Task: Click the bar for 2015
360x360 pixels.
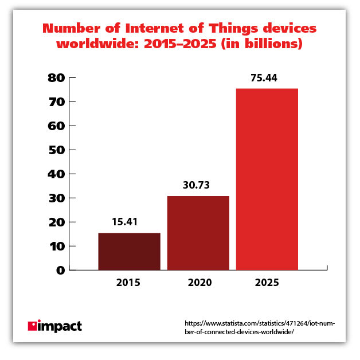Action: (x=129, y=251)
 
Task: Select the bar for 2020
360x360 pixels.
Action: (x=198, y=233)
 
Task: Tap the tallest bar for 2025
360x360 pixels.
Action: (x=267, y=179)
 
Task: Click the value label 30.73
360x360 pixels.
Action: (x=198, y=186)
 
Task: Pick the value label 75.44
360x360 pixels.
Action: (x=267, y=79)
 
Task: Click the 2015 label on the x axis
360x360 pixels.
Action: (x=129, y=283)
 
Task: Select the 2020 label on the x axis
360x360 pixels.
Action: (x=198, y=283)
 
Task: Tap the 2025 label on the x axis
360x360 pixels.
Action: (x=267, y=283)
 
